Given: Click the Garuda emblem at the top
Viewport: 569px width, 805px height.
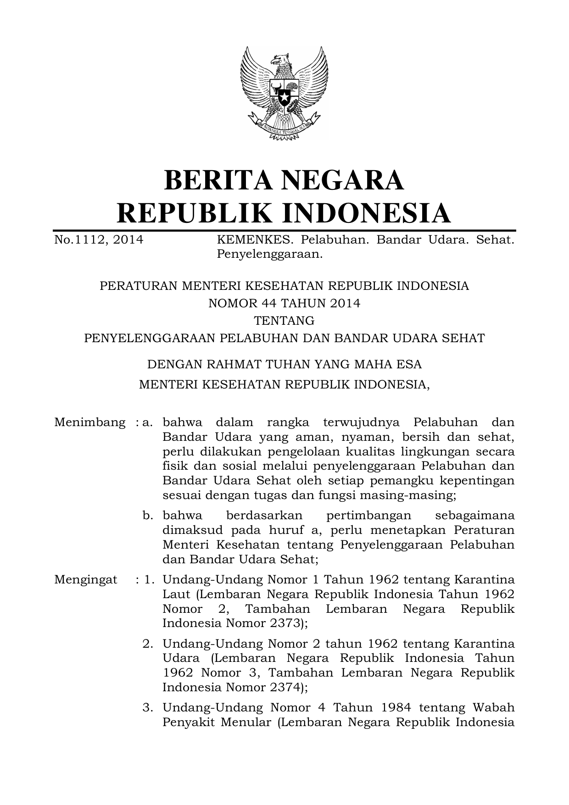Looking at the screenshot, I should point(284,92).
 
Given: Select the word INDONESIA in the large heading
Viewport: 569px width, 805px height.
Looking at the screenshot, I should point(365,213).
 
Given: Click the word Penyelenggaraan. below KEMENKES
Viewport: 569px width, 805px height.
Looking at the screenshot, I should point(270,254).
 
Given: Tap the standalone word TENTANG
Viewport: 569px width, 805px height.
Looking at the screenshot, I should point(284,321).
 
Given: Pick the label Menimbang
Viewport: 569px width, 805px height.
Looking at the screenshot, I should point(90,422).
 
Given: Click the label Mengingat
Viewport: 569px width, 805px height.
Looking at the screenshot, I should point(86,579).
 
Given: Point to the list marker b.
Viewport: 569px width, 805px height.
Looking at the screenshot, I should point(147,516).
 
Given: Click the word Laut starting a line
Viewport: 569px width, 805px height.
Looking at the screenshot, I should point(176,594).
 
